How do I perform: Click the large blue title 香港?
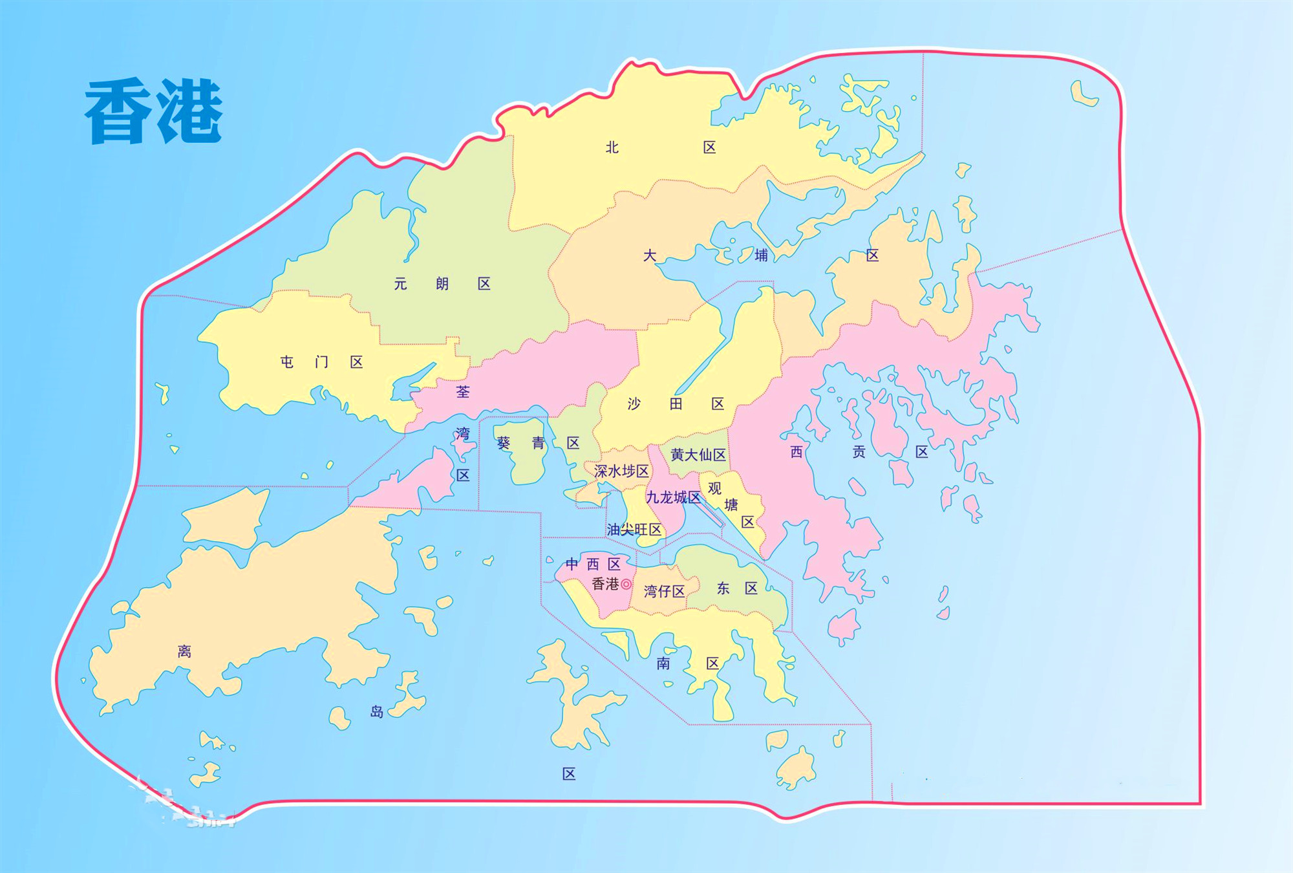click(154, 111)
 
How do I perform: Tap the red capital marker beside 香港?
click(626, 584)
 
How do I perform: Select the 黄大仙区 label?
click(698, 455)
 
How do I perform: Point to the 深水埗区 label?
click(621, 471)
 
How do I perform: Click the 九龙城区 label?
click(674, 497)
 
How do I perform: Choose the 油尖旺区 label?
click(634, 530)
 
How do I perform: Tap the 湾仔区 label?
click(664, 591)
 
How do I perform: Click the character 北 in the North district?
click(612, 147)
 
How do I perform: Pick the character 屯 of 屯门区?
click(287, 362)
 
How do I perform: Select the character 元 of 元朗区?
click(401, 284)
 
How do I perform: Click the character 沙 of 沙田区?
click(634, 404)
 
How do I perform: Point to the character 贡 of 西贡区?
click(859, 451)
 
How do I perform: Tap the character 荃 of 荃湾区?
click(463, 392)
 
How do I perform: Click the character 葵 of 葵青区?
click(504, 443)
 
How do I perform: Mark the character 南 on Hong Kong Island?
click(663, 663)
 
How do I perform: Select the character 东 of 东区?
click(723, 588)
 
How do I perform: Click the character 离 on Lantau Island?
click(184, 651)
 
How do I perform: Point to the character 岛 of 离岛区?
click(377, 712)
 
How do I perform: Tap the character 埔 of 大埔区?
click(762, 255)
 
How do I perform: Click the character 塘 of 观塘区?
click(731, 505)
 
